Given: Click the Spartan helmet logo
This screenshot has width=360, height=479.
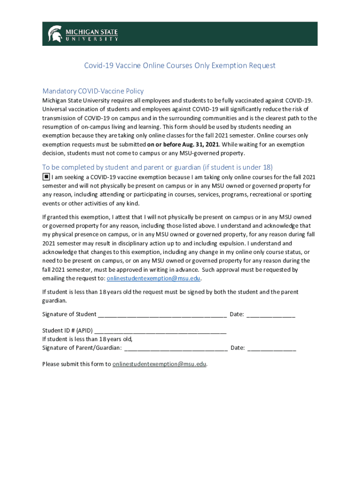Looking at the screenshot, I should [55, 34].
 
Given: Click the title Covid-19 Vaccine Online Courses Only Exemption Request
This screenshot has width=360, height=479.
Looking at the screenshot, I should [180, 65].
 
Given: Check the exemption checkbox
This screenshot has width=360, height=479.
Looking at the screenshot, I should [46, 177].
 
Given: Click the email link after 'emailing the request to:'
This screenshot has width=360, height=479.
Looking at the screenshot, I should [154, 278].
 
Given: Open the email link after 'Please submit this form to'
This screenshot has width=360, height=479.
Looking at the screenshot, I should [159, 364].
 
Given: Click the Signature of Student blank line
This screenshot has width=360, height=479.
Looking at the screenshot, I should [162, 315].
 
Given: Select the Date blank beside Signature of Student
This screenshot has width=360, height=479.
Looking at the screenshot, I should [271, 315].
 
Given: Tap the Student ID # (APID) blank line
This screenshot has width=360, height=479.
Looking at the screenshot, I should [160, 330].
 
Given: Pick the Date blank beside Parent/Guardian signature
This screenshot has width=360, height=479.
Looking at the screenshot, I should [272, 348].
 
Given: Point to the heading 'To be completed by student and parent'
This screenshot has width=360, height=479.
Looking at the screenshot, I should [158, 167].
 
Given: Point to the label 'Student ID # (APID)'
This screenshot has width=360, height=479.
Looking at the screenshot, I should [67, 330].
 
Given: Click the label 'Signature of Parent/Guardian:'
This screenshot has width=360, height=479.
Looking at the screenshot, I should [82, 348].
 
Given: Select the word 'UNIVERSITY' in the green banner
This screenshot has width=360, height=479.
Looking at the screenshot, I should [91, 39].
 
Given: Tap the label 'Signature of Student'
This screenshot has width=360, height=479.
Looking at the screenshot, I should [69, 314].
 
